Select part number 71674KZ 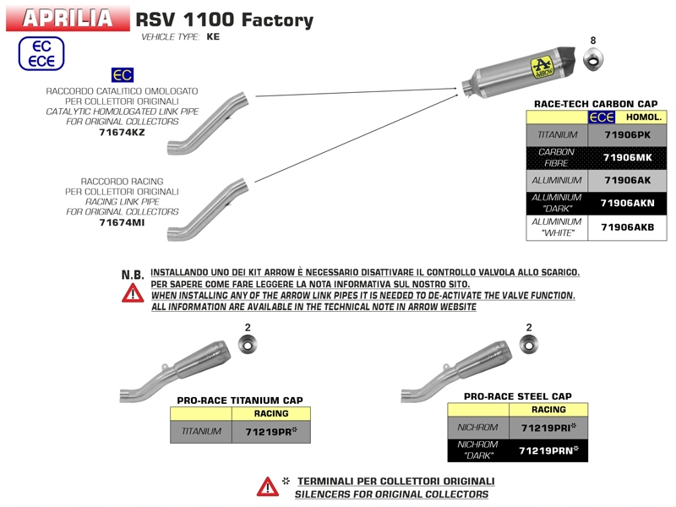(122, 133)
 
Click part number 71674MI (122, 223)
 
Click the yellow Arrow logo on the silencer (541, 65)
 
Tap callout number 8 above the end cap (592, 41)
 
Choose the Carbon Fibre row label (556, 157)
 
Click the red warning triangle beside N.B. (133, 293)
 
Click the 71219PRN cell (548, 450)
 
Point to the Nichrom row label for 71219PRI (477, 428)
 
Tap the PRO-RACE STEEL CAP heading (517, 395)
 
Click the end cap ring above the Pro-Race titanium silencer (248, 344)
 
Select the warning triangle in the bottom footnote (267, 487)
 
